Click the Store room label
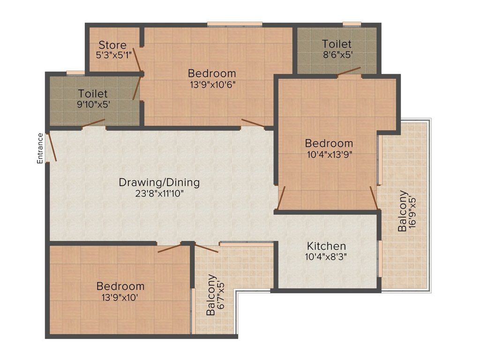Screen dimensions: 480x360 point(112,45)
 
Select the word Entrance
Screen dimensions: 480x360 point(40,148)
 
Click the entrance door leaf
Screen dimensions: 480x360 point(51,147)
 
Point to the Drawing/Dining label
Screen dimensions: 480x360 point(159,182)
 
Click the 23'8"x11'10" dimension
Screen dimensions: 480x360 point(159,194)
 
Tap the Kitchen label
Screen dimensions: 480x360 point(326,246)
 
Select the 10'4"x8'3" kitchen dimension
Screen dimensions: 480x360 point(326,256)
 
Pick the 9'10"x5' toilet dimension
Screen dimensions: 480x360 point(93,105)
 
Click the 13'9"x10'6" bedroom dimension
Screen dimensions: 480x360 point(213,84)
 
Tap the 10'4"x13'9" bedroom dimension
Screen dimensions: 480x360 point(330,154)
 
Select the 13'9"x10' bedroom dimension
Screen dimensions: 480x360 point(120,297)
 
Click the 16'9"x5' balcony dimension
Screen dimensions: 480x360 point(412,211)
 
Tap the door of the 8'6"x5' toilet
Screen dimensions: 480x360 point(349,71)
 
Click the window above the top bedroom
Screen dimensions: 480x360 point(234,24)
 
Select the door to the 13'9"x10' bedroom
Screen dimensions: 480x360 point(169,248)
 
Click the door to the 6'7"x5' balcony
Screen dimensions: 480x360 point(206,248)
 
